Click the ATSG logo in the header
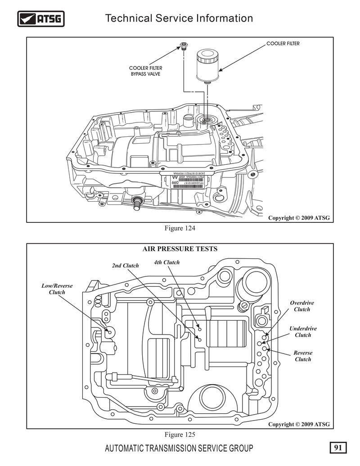point(41,19)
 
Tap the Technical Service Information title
point(179,18)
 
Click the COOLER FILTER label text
point(283,44)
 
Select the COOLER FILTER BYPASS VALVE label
point(145,71)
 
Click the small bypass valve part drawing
point(184,45)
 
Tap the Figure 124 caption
point(180,228)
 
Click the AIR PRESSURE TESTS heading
point(180,249)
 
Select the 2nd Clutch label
point(125,266)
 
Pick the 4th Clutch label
point(166,262)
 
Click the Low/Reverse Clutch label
point(57,289)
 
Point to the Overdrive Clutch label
point(302,306)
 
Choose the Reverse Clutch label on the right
point(302,356)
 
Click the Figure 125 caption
point(180,434)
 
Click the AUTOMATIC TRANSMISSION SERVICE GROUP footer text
point(179,448)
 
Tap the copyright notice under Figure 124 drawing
point(299,218)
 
